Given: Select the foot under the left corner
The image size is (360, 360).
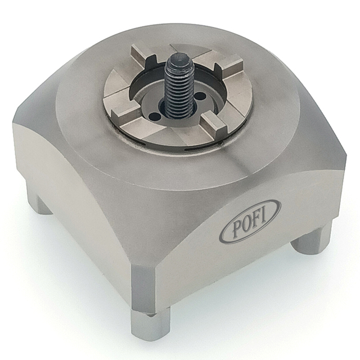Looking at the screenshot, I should [38, 200].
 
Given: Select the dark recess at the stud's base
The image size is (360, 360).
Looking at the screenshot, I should [172, 112].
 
